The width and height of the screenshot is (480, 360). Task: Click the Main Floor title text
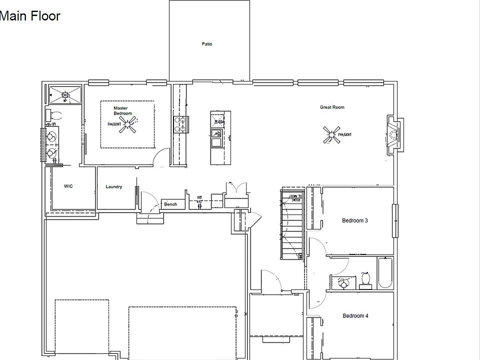pos(30,16)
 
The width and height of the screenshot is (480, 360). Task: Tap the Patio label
pos(207,44)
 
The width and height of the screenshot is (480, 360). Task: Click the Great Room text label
pos(332,107)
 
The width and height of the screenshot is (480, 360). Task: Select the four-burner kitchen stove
pos(180,124)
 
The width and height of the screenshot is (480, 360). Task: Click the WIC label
pos(68,186)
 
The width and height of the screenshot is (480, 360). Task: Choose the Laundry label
pos(114,186)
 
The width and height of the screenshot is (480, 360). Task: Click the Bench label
pos(170,204)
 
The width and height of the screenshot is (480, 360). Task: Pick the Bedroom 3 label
pos(355,220)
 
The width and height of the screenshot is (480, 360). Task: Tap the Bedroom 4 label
pos(355,315)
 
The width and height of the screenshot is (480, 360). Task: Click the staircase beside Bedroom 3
pos(292,225)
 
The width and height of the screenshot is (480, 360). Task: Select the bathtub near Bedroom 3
pos(385,272)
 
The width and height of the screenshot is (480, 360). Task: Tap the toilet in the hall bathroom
pos(365,279)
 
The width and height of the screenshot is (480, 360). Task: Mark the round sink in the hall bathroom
pos(343,283)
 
